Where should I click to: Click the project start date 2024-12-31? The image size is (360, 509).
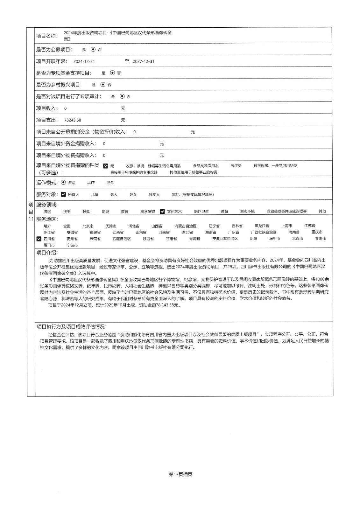click(84, 61)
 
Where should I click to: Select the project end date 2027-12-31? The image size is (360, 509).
click(143, 61)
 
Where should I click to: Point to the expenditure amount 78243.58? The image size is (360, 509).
click(73, 120)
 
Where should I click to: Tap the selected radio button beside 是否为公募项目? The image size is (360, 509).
click(93, 50)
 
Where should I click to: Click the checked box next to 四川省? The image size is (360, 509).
click(39, 239)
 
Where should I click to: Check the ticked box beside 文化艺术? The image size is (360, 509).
click(162, 212)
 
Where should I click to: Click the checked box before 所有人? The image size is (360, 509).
click(63, 194)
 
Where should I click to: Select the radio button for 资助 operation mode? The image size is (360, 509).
click(63, 183)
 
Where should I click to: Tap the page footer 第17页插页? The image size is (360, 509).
click(180, 474)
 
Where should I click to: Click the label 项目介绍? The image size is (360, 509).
click(47, 253)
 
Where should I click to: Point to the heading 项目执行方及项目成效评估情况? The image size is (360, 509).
click(71, 327)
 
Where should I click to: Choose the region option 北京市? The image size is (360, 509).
click(88, 226)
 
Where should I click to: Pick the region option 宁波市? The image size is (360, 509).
click(72, 245)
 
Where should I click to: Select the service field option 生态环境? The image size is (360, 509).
click(247, 212)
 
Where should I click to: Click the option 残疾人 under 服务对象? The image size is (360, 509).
click(154, 195)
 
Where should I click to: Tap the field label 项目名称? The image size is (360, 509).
click(47, 36)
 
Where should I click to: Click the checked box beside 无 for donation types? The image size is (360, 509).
click(106, 166)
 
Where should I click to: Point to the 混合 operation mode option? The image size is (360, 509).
click(110, 183)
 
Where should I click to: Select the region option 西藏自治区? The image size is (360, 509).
click(122, 239)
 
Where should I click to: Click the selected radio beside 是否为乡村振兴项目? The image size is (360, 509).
click(102, 85)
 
